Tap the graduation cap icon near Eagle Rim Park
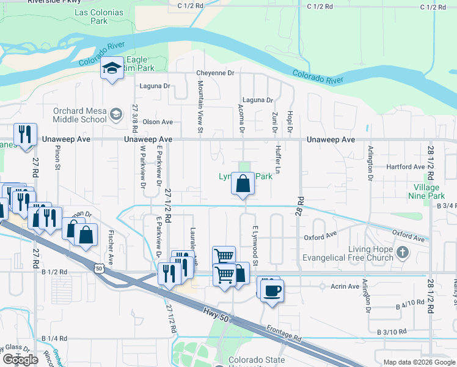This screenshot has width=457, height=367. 112,68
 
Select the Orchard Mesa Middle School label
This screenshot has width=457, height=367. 79,115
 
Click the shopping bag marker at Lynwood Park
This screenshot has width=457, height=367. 243,183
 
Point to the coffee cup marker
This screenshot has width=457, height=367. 272,290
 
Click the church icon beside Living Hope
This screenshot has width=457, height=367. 402,252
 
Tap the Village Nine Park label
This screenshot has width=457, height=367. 428,191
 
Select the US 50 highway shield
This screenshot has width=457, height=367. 99,267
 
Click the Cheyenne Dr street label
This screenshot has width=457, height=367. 215,73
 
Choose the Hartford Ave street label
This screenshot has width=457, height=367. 406,166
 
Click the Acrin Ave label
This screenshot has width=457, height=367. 345,286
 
